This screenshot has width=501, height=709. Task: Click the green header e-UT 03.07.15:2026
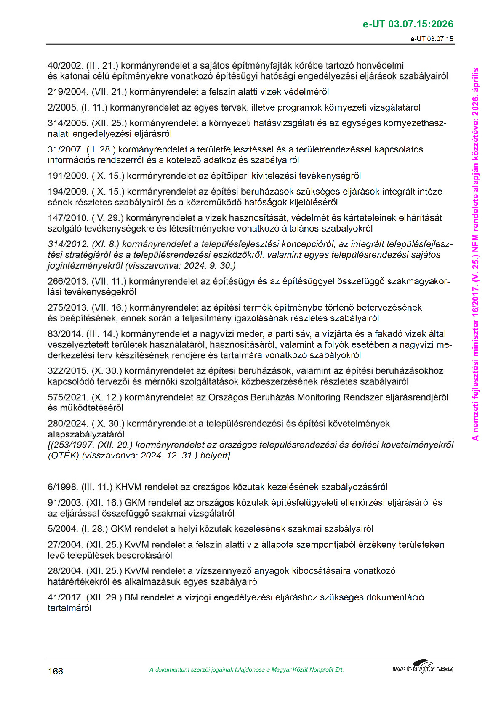click(408, 24)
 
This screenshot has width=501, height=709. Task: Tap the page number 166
click(55, 671)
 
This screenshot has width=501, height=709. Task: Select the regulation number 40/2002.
click(65, 66)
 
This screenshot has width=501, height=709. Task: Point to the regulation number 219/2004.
click(68, 92)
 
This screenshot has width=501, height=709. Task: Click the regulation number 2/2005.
click(62, 108)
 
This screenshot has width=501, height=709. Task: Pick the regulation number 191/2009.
click(68, 176)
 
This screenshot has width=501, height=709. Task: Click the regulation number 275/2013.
click(68, 308)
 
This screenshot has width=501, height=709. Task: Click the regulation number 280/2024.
click(68, 424)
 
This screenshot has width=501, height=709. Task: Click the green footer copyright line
click(246, 669)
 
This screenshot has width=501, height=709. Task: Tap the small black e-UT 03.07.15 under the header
click(432, 39)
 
